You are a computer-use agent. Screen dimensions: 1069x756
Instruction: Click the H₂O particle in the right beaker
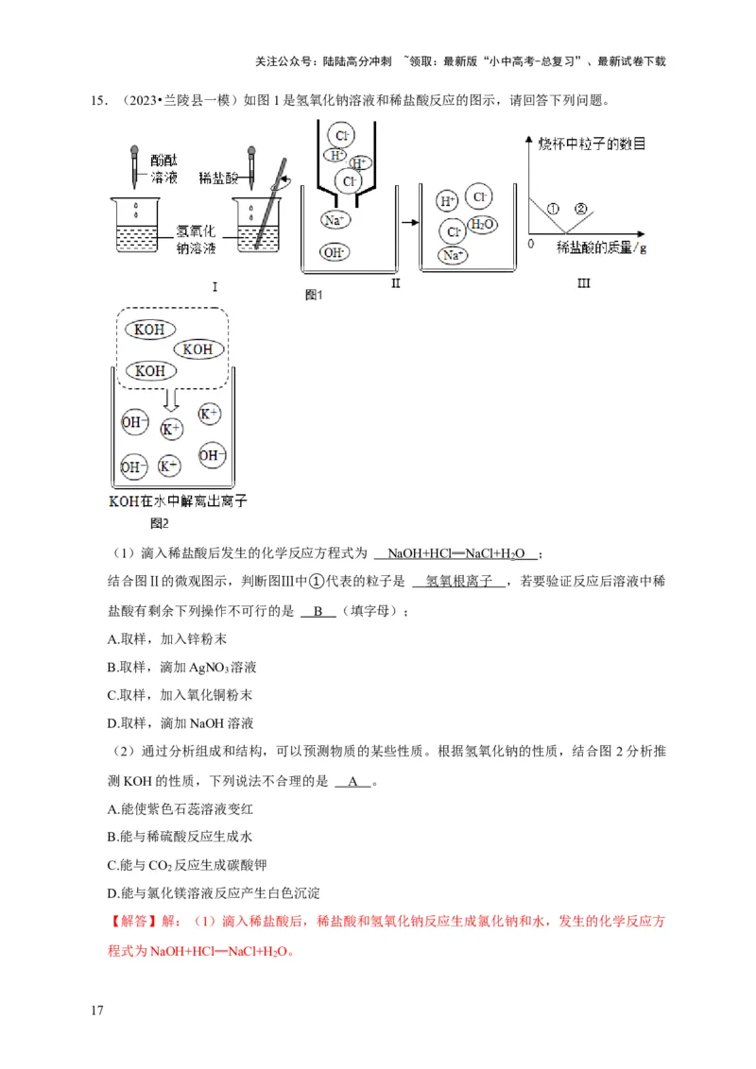point(482,225)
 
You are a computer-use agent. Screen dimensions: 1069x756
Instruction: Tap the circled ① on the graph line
point(554,208)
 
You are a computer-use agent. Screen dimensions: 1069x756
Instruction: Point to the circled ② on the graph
point(581,208)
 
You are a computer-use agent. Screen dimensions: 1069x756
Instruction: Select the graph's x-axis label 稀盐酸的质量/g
point(602,247)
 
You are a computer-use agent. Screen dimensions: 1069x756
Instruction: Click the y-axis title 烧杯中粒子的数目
point(593,144)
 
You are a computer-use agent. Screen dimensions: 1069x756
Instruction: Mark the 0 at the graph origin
point(531,244)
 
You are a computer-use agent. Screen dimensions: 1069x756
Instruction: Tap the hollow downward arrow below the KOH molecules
point(169,397)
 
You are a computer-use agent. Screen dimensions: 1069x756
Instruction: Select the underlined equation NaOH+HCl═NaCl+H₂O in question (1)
point(456,553)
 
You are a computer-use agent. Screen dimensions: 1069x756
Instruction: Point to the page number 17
point(96,1010)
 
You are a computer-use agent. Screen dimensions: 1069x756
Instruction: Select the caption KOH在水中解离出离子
point(178,501)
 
